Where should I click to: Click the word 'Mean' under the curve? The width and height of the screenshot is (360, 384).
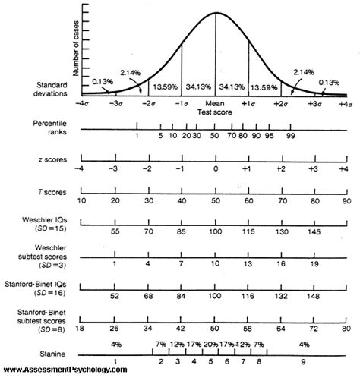(x=216, y=102)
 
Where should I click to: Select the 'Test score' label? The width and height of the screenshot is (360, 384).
(x=215, y=111)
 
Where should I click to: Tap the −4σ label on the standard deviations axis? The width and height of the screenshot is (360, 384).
(x=81, y=102)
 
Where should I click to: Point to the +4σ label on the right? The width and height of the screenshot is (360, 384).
(x=345, y=102)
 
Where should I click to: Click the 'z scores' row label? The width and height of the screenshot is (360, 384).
(x=50, y=161)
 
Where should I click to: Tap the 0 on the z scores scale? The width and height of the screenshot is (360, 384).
(x=216, y=168)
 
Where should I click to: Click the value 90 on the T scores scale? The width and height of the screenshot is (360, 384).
(x=346, y=201)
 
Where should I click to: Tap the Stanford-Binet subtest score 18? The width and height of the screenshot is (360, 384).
(x=80, y=330)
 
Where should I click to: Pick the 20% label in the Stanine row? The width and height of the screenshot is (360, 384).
(x=210, y=344)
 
